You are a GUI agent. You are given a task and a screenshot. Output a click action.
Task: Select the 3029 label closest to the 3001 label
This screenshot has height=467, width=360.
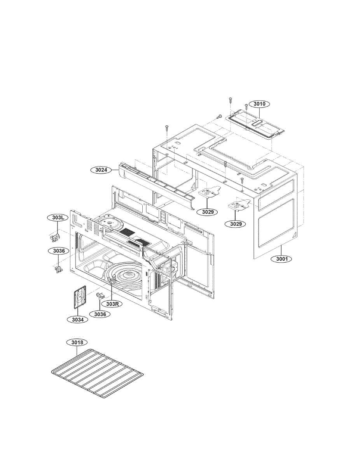236,224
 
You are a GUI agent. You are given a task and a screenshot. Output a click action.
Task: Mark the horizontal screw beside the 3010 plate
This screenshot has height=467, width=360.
218,116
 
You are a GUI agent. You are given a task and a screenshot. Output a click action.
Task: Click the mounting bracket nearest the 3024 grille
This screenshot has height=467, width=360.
210,193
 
